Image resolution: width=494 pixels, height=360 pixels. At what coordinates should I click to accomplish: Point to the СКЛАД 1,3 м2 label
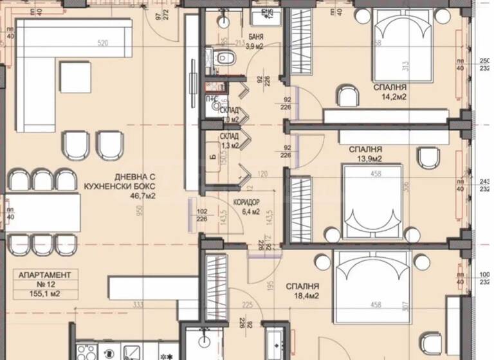(230, 141)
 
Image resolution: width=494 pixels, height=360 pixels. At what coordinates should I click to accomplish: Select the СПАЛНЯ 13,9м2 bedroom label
(365, 154)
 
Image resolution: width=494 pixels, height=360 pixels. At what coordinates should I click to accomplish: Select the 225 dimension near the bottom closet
(246, 306)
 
